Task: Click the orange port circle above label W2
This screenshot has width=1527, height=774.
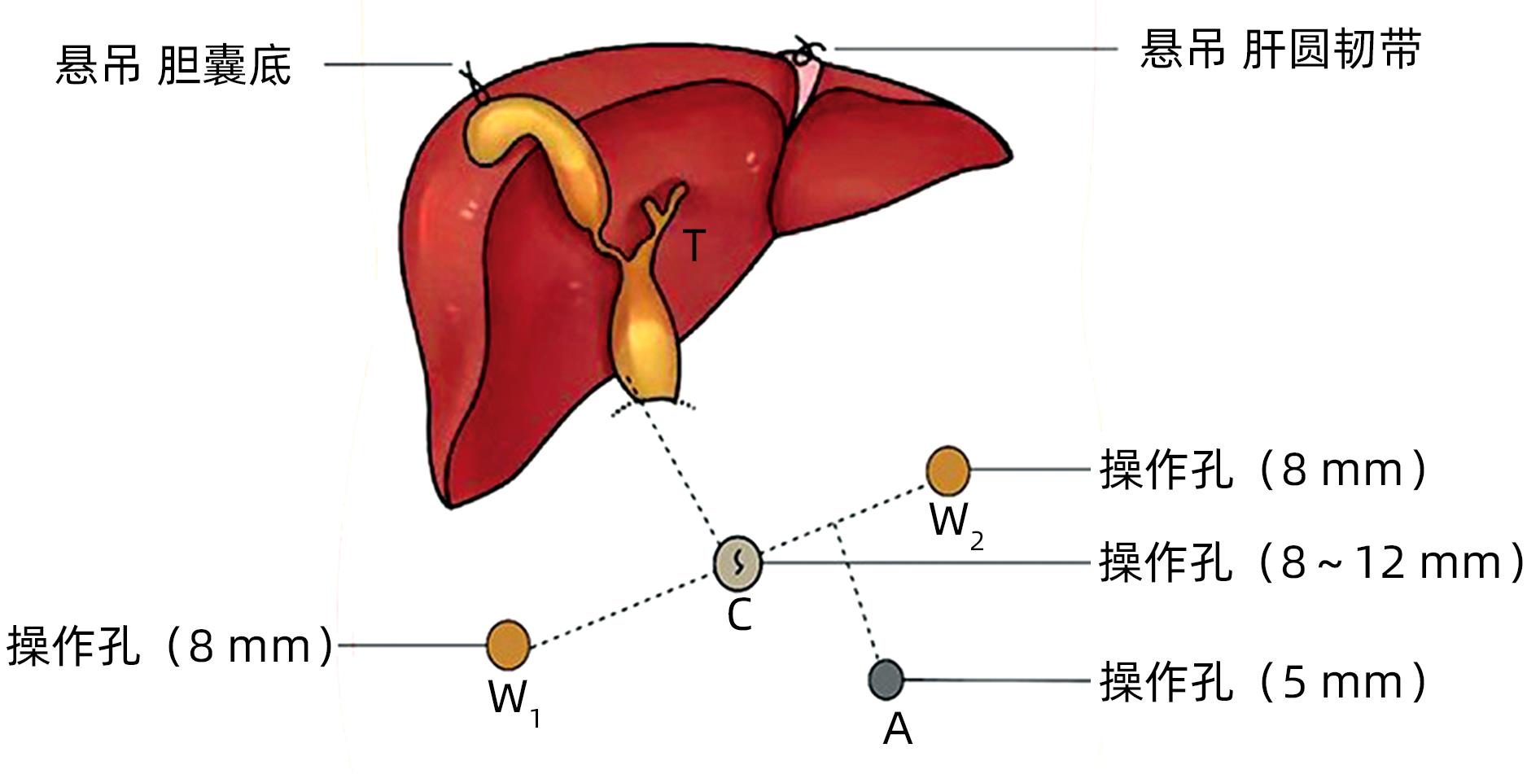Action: point(947,470)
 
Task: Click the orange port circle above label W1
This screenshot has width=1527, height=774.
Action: point(508,645)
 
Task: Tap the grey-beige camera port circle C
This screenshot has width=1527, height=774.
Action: point(737,562)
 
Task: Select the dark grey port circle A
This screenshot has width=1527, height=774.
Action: point(886,680)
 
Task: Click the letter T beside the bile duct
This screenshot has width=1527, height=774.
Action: point(693,245)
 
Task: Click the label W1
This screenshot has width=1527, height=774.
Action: point(513,701)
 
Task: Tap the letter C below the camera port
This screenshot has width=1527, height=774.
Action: point(739,615)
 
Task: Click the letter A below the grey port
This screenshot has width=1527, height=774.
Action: point(897,729)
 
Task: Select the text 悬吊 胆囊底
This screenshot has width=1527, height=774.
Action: point(173,65)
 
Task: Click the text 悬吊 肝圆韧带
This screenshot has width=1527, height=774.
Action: point(1280,49)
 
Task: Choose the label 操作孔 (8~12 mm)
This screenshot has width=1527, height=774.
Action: point(1310,562)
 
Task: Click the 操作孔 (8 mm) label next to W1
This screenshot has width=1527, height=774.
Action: point(169,646)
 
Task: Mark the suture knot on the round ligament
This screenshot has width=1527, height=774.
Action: point(804,50)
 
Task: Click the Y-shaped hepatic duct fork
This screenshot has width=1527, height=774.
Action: point(665,208)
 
